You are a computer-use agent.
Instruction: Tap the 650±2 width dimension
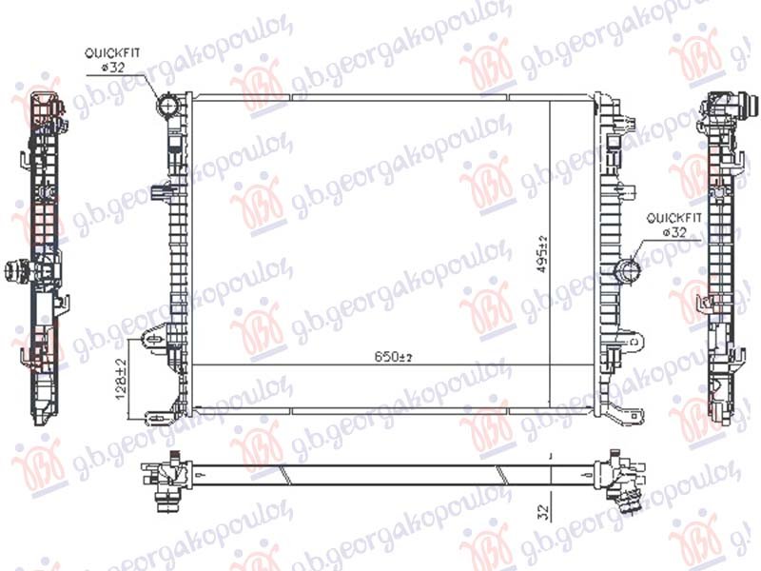[392, 357]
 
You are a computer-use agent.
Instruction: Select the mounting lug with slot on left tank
[151, 338]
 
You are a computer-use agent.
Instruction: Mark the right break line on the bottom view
[498, 474]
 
